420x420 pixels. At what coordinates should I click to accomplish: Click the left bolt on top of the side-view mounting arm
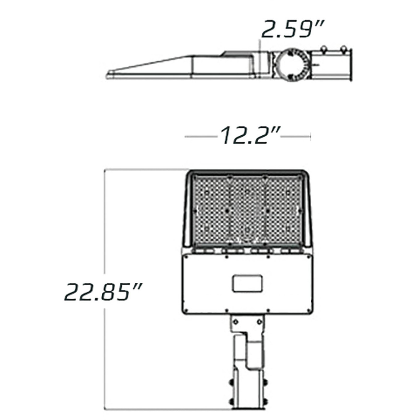point(324,49)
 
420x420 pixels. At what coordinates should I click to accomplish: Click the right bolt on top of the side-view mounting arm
point(344,49)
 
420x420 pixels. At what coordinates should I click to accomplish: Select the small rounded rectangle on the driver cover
point(248,283)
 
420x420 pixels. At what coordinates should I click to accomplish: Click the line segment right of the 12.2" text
point(295,136)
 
